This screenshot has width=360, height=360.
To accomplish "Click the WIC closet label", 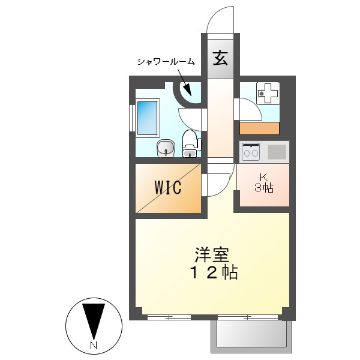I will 168,187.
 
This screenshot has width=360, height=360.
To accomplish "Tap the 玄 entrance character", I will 220,59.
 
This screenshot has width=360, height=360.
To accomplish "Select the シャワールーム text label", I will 166,61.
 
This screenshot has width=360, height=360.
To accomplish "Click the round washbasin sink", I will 165,148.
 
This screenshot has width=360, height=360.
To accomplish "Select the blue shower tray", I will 147,118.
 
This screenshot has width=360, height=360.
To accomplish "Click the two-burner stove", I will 250,152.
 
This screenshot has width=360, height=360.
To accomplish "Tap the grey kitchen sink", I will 277,152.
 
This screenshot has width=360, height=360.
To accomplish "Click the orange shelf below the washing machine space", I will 260,128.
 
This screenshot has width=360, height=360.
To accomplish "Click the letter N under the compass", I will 93,346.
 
